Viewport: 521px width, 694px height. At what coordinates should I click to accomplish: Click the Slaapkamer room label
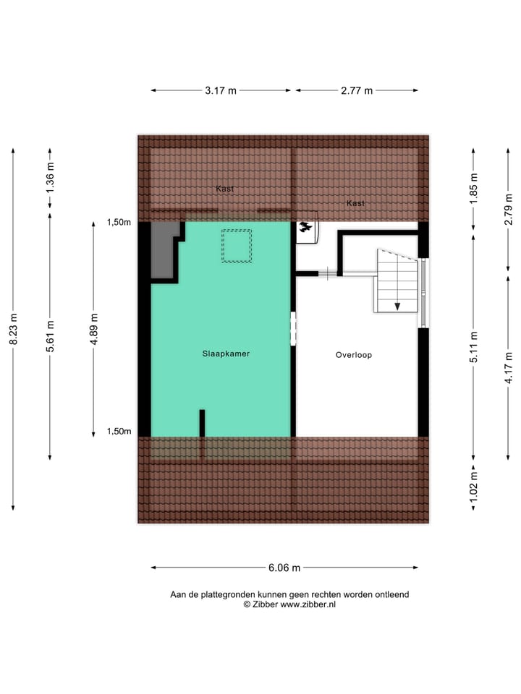[226, 354]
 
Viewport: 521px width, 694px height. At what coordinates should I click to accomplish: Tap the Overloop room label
[353, 355]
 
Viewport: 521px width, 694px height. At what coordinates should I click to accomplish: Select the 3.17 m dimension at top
[221, 90]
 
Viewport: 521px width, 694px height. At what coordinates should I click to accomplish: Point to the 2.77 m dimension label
[357, 90]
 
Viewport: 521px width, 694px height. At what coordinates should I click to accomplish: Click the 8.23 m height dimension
[13, 329]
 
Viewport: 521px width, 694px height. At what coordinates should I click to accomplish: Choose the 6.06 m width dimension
[284, 567]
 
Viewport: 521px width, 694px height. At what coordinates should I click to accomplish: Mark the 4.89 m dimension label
[93, 329]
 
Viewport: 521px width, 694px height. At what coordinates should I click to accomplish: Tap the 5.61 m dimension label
[49, 336]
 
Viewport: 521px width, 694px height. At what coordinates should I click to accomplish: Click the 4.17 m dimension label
[509, 368]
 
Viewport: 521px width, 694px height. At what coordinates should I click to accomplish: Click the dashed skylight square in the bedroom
[237, 246]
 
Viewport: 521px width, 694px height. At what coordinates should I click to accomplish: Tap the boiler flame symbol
[307, 227]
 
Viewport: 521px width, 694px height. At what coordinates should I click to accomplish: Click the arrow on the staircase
[397, 306]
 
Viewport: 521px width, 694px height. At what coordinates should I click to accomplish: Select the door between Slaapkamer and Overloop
[294, 328]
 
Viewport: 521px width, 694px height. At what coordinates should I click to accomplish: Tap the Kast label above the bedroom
[224, 189]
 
